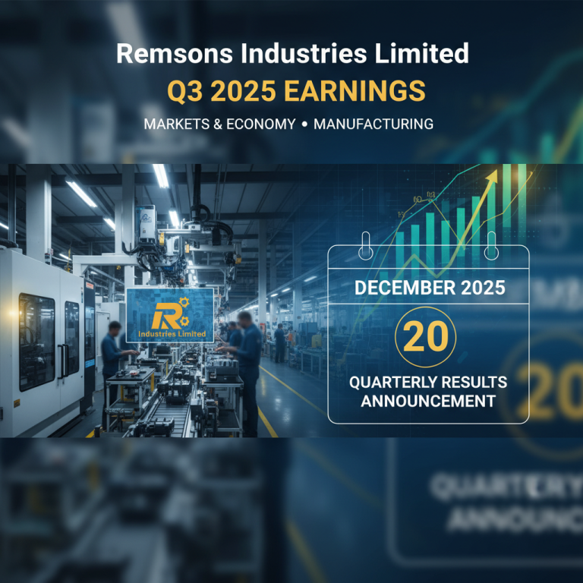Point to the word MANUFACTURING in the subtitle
coord(373,124)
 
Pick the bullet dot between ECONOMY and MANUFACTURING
coord(304,124)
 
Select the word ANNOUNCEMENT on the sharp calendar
coord(427,400)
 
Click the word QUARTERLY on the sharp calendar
coord(387,382)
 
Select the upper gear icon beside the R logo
coord(182,304)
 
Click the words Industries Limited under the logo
coord(169,334)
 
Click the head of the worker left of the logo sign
coord(112,328)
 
